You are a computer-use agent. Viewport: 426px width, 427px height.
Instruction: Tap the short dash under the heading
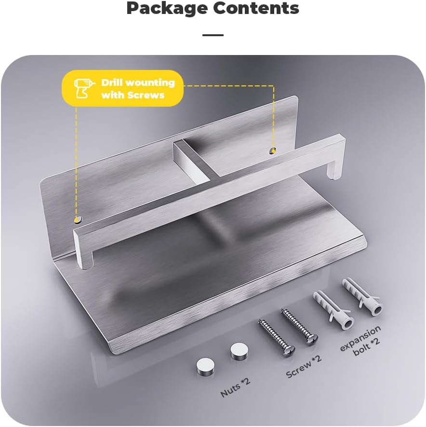pyautogui.click(x=213, y=35)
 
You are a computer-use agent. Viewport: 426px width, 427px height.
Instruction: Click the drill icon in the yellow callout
pyautogui.click(x=81, y=88)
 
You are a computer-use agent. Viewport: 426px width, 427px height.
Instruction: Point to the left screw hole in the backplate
pyautogui.click(x=77, y=220)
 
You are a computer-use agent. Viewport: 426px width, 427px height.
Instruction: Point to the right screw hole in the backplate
pyautogui.click(x=273, y=151)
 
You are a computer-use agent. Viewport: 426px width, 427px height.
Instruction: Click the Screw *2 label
pyautogui.click(x=304, y=366)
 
